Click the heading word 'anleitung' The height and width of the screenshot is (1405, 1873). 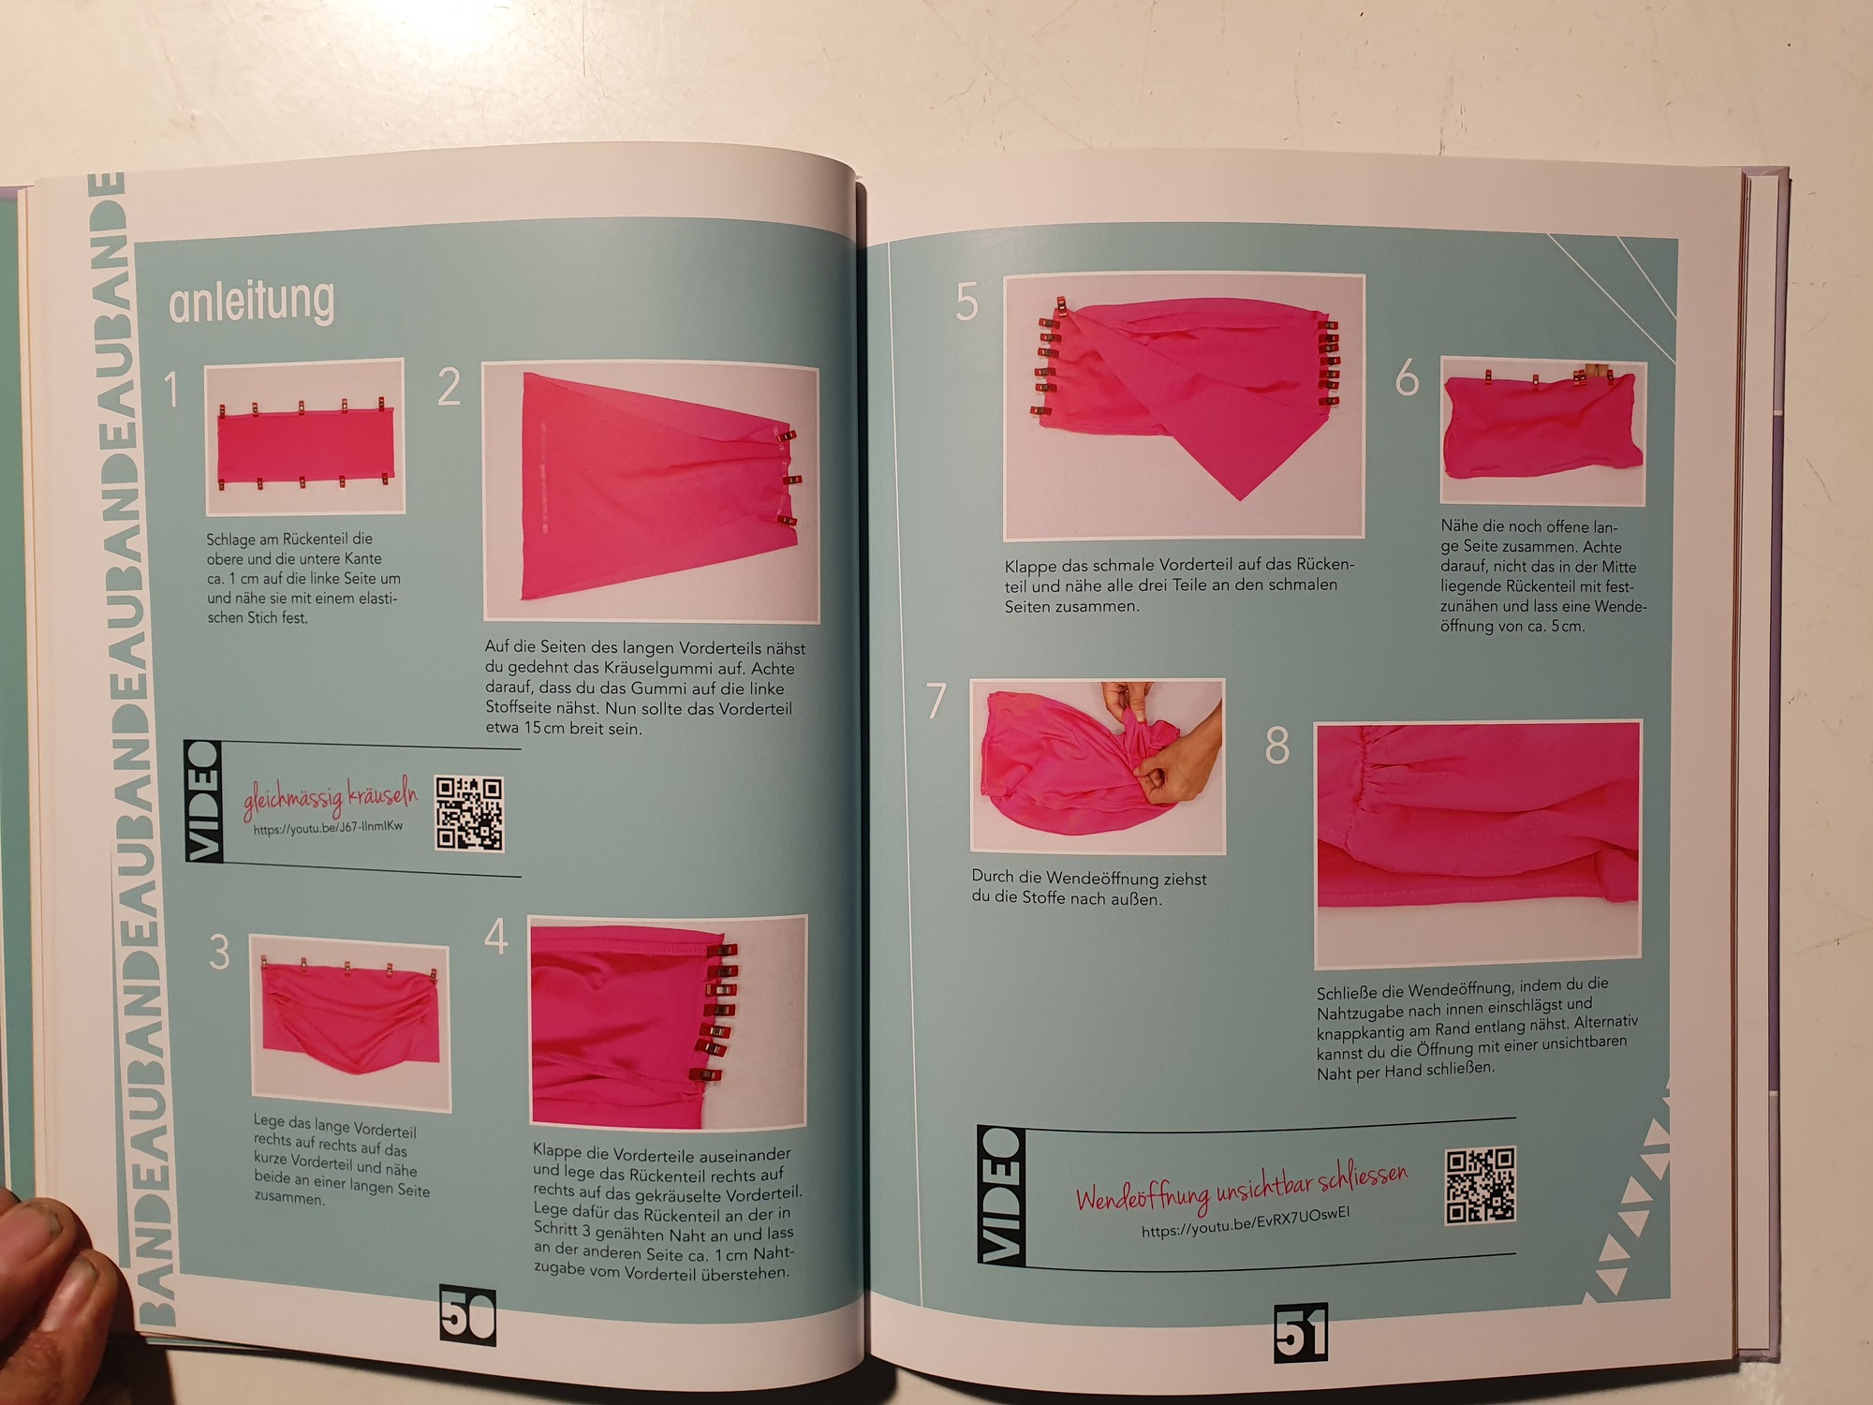tap(251, 302)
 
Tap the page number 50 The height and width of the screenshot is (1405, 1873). tap(467, 1315)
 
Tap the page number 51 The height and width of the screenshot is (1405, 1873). tap(1301, 1332)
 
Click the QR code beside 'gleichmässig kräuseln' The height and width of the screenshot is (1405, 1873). tap(469, 813)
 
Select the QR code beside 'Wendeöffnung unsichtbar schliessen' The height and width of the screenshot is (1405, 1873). tap(1480, 1185)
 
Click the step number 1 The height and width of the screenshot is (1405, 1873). tap(171, 389)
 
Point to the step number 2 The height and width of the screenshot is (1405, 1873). tap(450, 386)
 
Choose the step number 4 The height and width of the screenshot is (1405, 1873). tap(496, 936)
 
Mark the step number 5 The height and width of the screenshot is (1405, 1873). tap(966, 303)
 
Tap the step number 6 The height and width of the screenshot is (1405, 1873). tap(1407, 378)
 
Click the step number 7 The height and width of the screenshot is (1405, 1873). tap(936, 701)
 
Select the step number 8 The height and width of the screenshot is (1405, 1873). tap(1277, 746)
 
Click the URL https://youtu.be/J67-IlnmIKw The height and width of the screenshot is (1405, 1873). tap(328, 827)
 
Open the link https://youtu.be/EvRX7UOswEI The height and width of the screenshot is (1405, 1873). tap(1246, 1222)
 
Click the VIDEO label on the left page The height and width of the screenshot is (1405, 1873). tap(203, 801)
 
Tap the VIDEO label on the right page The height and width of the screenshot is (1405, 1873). tap(1001, 1195)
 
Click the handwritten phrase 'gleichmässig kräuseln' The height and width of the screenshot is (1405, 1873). tap(330, 797)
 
